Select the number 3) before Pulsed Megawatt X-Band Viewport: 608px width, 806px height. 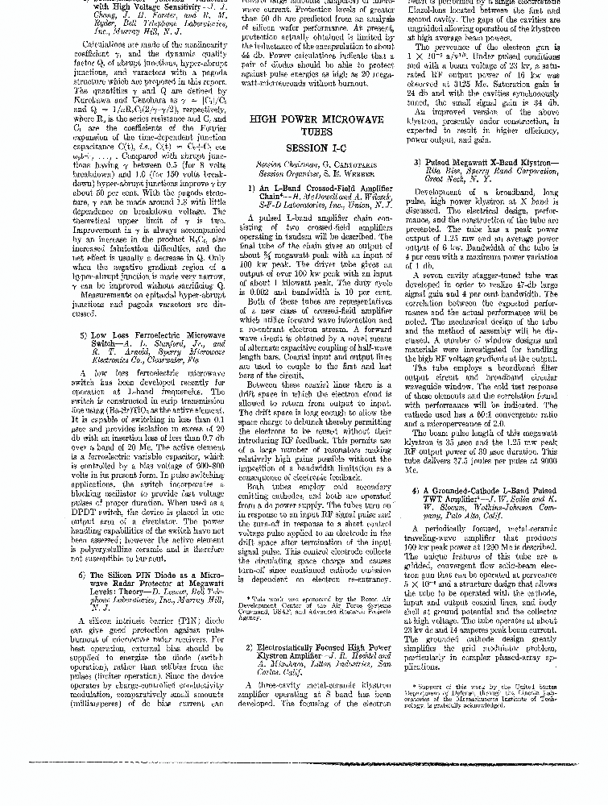[417, 162]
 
